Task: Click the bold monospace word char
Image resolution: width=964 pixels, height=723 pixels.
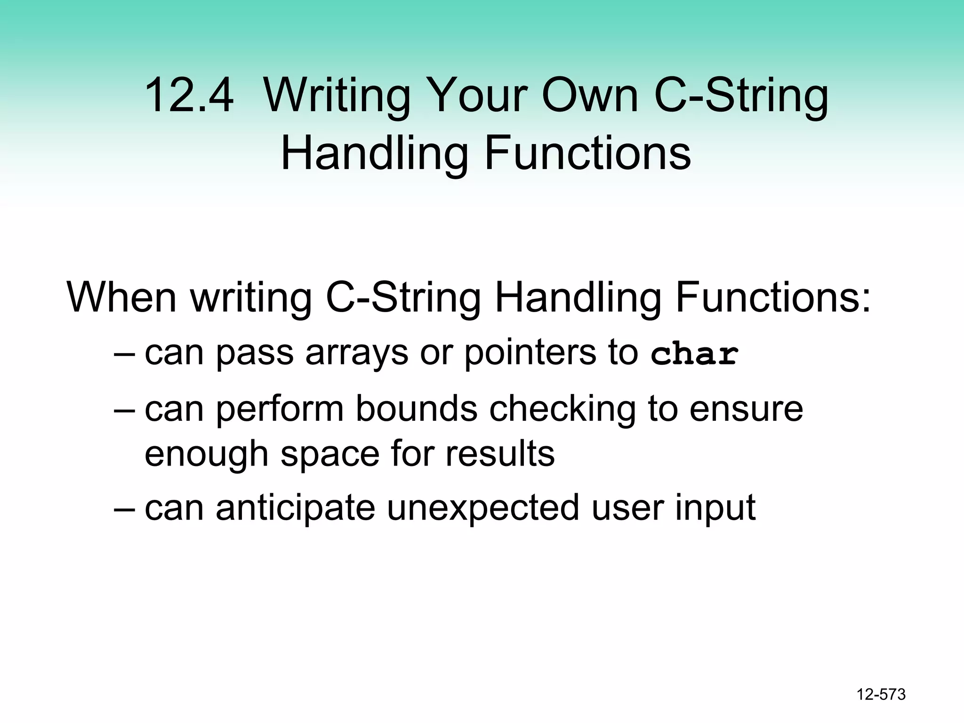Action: (694, 354)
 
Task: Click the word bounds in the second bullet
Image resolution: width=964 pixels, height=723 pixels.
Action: (416, 408)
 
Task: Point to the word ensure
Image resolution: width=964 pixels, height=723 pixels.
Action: (746, 408)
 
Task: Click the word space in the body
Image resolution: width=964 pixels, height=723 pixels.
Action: (329, 454)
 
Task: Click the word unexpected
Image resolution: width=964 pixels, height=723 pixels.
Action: (483, 508)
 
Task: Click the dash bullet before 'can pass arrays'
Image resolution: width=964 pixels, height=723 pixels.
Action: (124, 354)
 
